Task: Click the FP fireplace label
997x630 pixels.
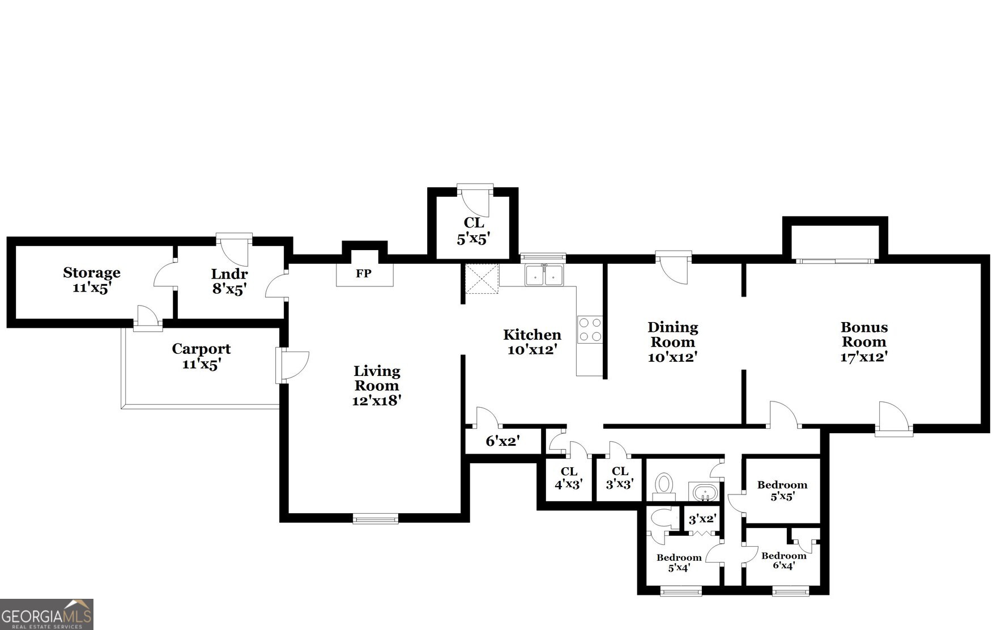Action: (x=364, y=274)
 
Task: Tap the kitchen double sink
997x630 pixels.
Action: (x=544, y=276)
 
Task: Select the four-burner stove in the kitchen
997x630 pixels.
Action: (x=590, y=329)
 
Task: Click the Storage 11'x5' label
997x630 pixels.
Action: (x=91, y=280)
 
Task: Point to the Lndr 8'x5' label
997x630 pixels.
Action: (x=229, y=281)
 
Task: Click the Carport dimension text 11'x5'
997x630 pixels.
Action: (x=201, y=364)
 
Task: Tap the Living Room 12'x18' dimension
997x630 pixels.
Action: (x=377, y=400)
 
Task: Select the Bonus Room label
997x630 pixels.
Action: (x=863, y=335)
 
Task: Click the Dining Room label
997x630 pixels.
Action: (x=672, y=335)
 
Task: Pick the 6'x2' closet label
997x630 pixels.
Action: (x=502, y=441)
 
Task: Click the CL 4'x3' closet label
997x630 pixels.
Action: (x=569, y=477)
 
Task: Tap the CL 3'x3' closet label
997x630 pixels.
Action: (x=620, y=477)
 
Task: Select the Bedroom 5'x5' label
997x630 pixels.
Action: (x=782, y=491)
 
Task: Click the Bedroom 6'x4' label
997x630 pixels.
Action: (x=783, y=560)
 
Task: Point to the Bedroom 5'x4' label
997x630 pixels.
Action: (x=679, y=562)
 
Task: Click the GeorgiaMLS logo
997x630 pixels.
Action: (x=46, y=615)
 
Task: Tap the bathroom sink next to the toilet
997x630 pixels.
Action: (x=704, y=492)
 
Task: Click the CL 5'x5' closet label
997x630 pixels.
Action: (x=474, y=231)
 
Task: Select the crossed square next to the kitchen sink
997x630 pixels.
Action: (x=482, y=279)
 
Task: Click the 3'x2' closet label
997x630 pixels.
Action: (x=702, y=519)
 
